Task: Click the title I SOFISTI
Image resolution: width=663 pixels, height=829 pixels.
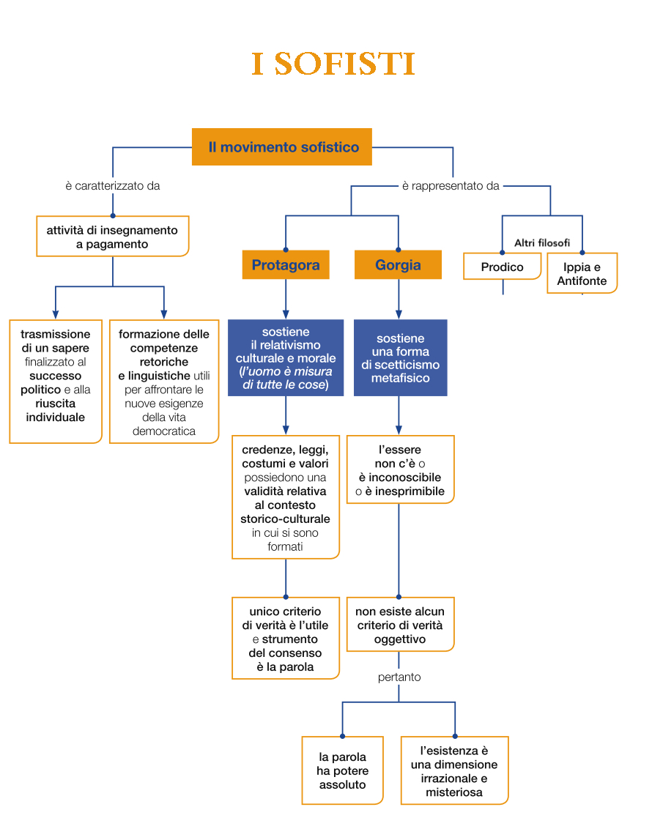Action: tap(333, 64)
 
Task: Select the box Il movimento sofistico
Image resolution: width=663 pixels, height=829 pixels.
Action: tap(282, 147)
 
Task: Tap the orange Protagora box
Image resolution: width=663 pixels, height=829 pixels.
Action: tap(286, 265)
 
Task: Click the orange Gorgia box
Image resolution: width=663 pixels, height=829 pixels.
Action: tap(398, 265)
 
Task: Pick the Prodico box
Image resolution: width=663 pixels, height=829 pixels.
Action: tap(502, 267)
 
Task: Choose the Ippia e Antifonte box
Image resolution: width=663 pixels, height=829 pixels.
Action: tap(582, 274)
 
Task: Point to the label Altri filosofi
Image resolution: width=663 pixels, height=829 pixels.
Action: tap(541, 243)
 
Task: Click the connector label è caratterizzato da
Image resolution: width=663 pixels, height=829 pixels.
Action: tap(113, 186)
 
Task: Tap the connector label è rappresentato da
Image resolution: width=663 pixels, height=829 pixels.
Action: tap(451, 186)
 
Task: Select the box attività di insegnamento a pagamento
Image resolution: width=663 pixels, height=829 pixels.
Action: tap(113, 237)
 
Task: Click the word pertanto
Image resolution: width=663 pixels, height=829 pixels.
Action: tap(399, 677)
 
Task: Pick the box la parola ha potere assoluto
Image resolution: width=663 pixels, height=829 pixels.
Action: tap(342, 771)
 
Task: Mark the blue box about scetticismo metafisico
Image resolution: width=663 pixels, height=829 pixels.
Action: tap(400, 358)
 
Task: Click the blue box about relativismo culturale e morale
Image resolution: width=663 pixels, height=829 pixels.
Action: tap(286, 358)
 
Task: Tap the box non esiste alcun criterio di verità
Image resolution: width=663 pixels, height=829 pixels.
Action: tap(400, 625)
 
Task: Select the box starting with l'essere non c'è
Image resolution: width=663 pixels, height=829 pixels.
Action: tap(400, 470)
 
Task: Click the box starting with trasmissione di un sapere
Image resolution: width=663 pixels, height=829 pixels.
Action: tap(56, 382)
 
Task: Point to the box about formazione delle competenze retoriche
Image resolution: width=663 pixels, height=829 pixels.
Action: tap(164, 382)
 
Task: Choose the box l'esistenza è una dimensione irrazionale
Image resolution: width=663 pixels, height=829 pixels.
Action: tap(454, 771)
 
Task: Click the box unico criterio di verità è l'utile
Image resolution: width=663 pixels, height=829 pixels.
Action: tap(286, 639)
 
